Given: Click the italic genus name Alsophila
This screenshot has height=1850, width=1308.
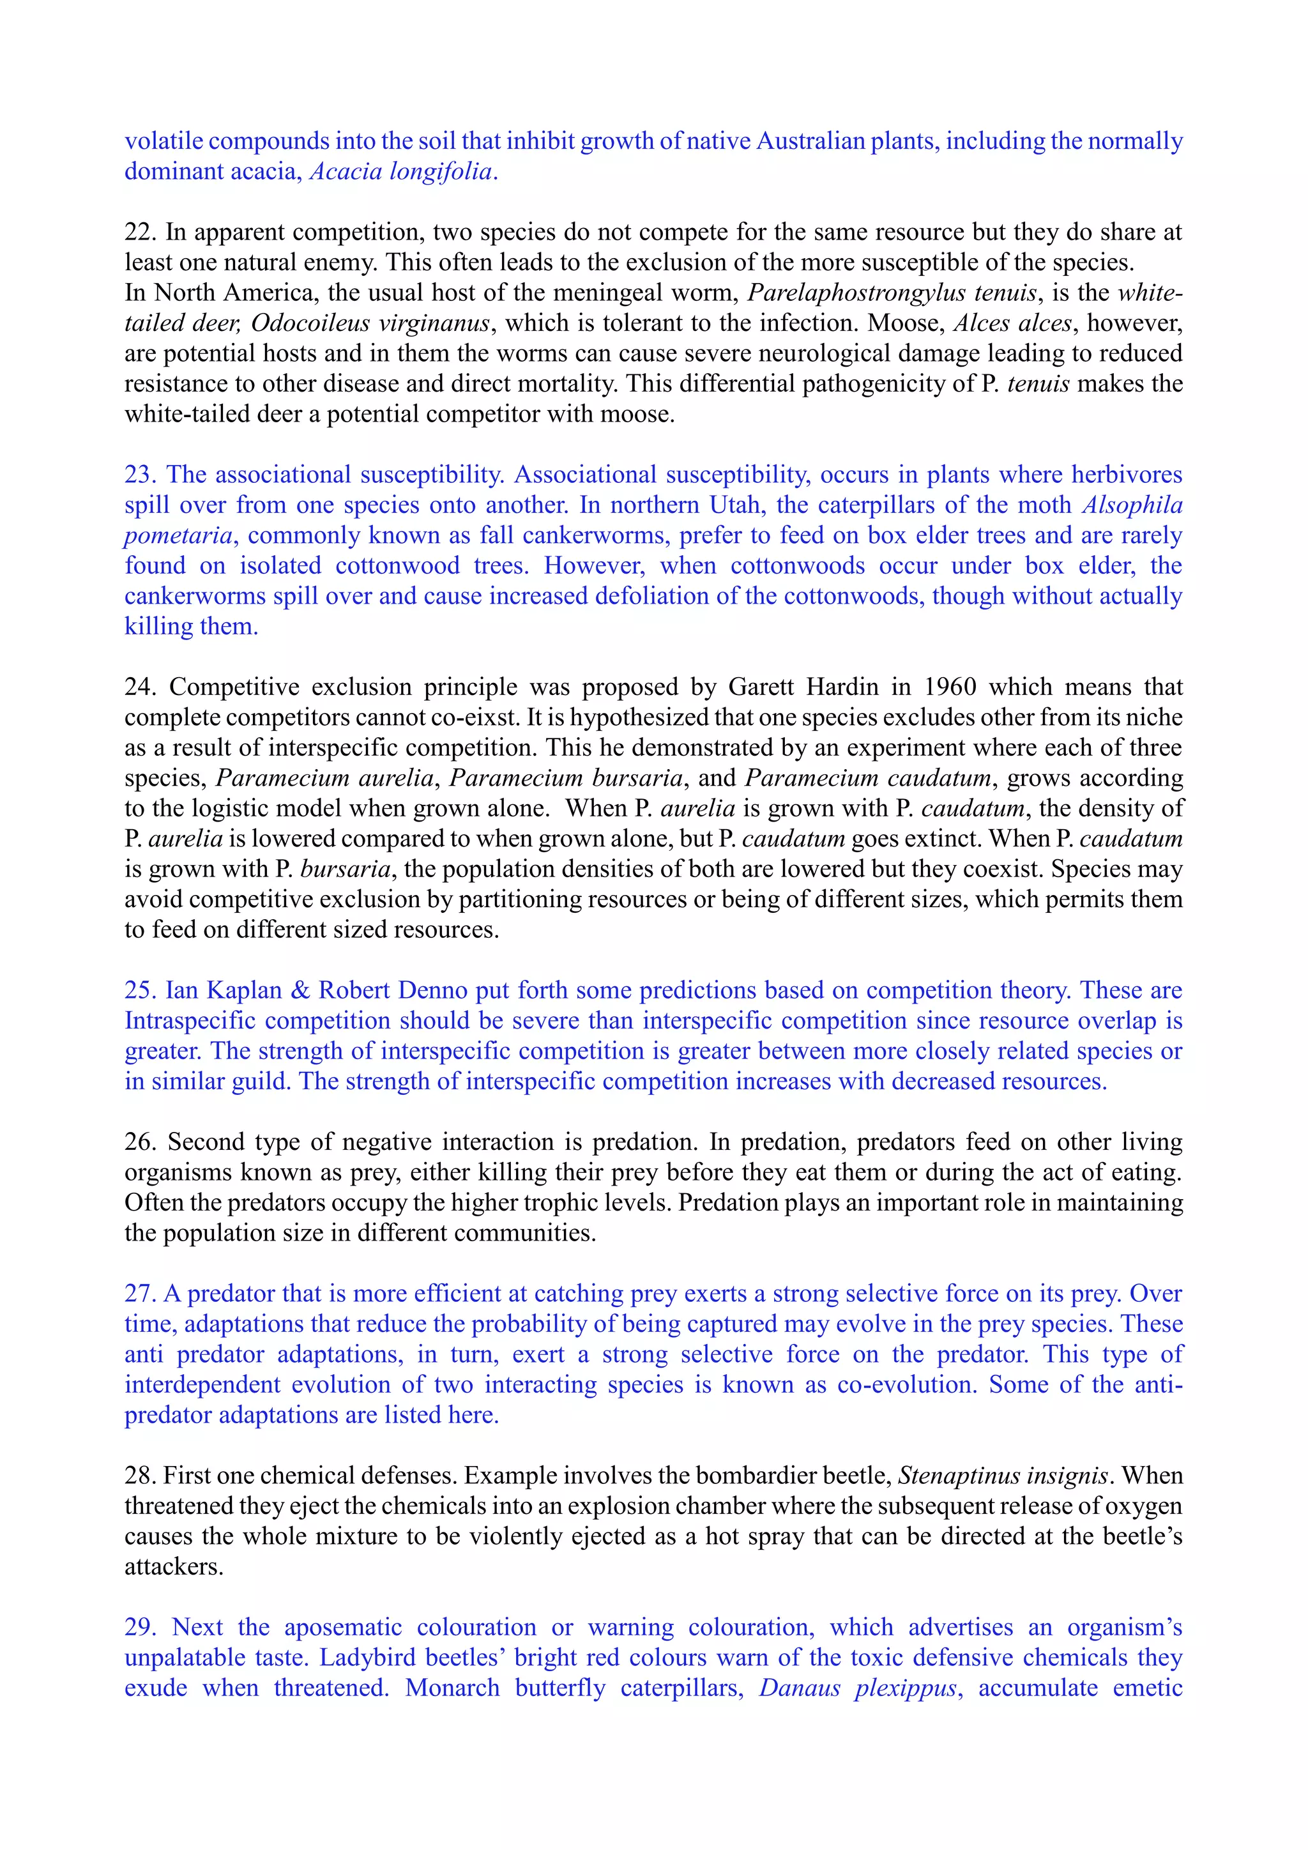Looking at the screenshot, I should coord(1132,505).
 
